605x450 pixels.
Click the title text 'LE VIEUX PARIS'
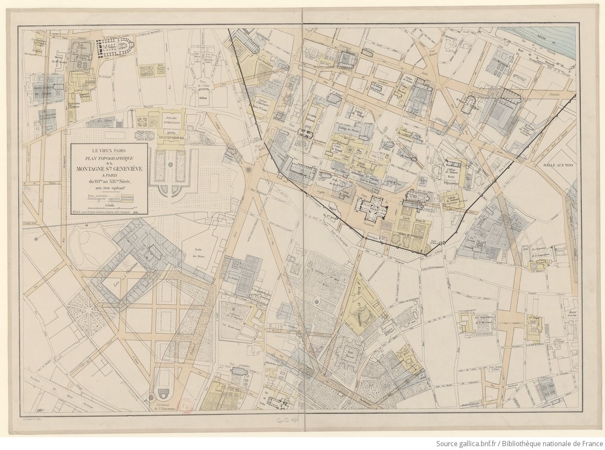pos(109,150)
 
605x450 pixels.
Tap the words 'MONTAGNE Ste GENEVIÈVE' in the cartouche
pos(109,169)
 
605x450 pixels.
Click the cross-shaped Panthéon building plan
pos(372,207)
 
